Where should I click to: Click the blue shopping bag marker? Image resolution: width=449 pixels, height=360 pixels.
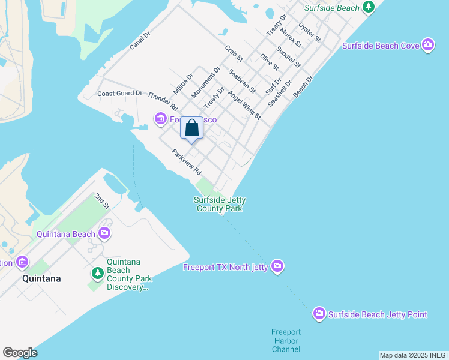click(191, 128)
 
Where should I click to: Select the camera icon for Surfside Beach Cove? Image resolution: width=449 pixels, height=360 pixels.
click(427, 45)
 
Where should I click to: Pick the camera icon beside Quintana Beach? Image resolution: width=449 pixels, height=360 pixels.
click(104, 233)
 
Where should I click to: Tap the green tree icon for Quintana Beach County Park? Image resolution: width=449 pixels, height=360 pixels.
click(97, 274)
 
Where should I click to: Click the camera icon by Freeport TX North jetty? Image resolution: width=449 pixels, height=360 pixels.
click(277, 265)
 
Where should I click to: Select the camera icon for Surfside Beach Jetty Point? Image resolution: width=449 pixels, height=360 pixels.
click(319, 314)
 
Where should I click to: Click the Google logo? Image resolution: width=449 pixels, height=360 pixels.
click(20, 353)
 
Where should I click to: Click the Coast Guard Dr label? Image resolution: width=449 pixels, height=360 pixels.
click(120, 94)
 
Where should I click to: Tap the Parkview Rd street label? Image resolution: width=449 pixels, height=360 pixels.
click(185, 162)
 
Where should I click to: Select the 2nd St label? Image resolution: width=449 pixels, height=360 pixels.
click(102, 201)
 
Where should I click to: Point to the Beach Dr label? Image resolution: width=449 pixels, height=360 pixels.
click(303, 87)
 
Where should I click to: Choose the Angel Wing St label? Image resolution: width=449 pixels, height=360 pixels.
click(244, 104)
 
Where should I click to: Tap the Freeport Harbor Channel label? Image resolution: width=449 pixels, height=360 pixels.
click(286, 340)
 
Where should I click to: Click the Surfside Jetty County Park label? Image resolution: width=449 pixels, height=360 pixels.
click(219, 204)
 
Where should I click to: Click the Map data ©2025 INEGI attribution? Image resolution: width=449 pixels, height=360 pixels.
click(414, 355)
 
